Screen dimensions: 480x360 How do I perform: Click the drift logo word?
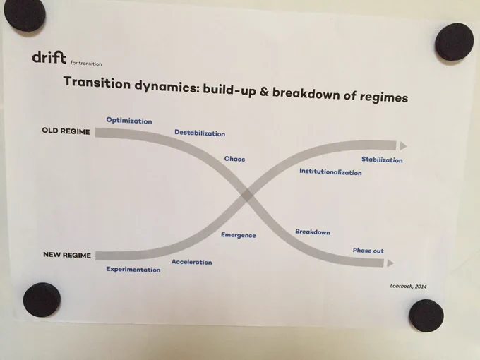tap(49, 58)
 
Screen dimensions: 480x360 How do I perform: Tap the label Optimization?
tap(129, 120)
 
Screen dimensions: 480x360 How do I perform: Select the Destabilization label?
tap(200, 133)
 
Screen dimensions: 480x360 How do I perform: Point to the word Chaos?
tap(234, 159)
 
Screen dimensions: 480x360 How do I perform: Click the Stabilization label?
tap(382, 160)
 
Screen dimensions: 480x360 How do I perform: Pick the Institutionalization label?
tap(330, 172)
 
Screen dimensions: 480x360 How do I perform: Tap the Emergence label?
tap(238, 235)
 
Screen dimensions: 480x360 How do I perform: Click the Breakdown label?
tap(313, 232)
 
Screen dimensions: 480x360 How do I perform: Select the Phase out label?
tap(368, 251)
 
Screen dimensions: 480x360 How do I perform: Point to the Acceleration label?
tap(191, 262)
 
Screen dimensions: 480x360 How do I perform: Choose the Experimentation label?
tap(133, 269)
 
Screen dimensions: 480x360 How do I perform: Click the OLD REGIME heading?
tap(66, 131)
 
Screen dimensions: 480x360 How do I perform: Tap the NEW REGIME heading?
tap(67, 255)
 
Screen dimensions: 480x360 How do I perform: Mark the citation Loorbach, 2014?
tap(408, 286)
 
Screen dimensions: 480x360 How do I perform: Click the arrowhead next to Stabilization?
tap(403, 146)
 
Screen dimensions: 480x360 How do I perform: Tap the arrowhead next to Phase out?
tap(390, 263)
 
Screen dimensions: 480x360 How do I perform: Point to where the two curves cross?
tap(247, 195)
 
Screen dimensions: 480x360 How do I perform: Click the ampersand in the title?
tap(264, 92)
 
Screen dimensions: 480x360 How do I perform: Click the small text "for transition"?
tap(86, 64)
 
